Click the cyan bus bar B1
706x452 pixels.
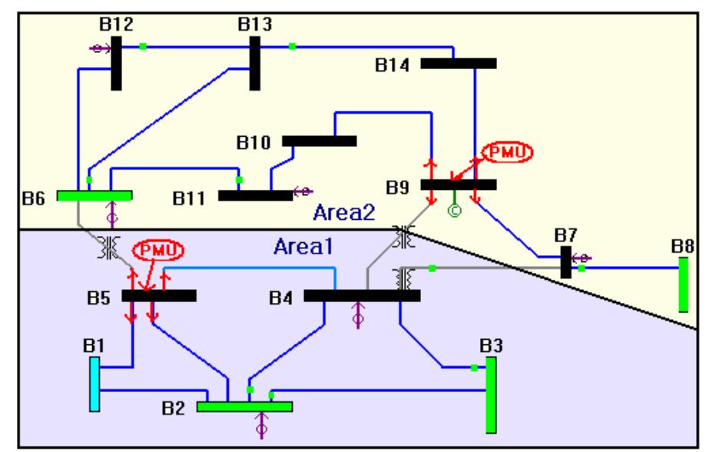(x=94, y=386)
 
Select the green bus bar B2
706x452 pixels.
(x=244, y=406)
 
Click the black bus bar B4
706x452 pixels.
(x=362, y=295)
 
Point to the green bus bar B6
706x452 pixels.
(x=94, y=195)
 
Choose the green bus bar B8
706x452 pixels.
(x=683, y=284)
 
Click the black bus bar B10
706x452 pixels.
(x=319, y=141)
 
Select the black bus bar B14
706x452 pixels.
(x=458, y=63)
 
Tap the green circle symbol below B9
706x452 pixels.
(x=453, y=211)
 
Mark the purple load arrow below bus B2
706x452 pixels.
(x=261, y=424)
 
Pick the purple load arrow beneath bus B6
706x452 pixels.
(x=113, y=212)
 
